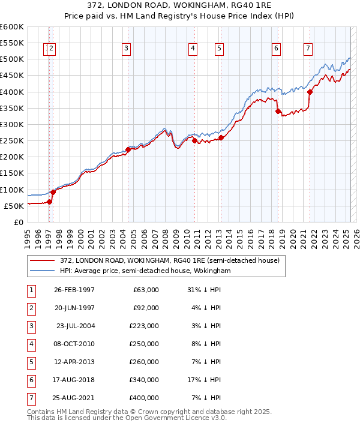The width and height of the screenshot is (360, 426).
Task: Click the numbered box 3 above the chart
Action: click(127, 49)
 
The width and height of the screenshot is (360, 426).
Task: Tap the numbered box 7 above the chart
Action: click(308, 49)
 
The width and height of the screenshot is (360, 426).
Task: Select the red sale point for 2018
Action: click(278, 111)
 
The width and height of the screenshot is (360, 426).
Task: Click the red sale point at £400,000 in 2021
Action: click(310, 92)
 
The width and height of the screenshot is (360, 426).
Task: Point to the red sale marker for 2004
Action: click(128, 149)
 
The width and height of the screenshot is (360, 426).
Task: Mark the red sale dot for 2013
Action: click(221, 137)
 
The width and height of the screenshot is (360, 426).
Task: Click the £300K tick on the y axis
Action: click(12, 124)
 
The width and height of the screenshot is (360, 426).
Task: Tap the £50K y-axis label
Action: click(14, 206)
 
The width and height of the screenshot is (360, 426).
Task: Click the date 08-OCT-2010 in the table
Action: click(74, 344)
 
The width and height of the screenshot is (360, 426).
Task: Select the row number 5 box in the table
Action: click(31, 362)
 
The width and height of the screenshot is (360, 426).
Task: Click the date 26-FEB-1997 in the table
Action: click(74, 290)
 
